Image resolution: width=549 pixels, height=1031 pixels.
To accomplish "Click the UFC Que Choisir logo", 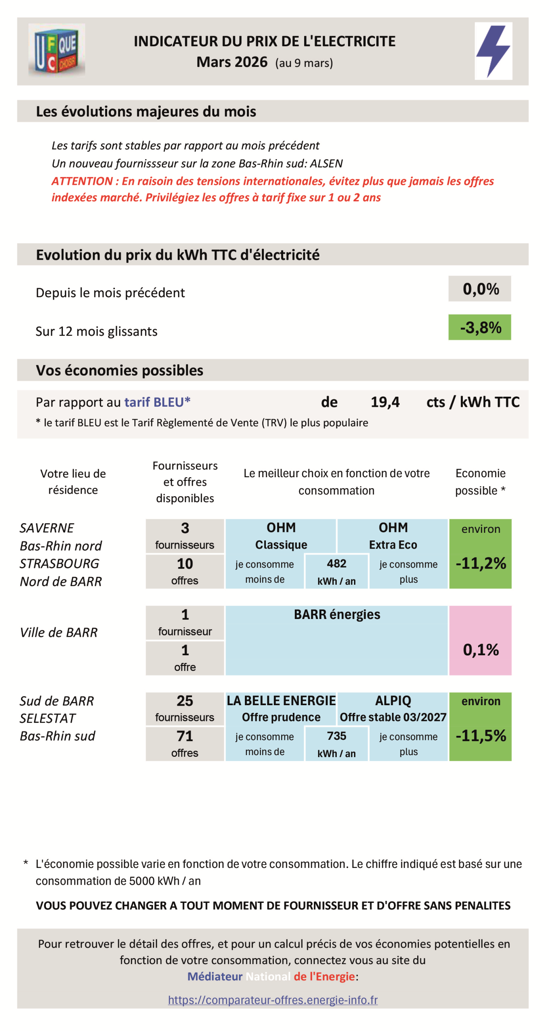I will tap(56, 50).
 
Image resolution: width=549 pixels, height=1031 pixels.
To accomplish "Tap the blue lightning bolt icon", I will tap(493, 50).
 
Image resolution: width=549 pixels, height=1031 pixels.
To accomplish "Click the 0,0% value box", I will tap(480, 289).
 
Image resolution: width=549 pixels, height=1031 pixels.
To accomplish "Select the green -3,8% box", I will tap(480, 327).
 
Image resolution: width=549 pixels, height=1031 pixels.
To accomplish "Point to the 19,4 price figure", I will tap(385, 402).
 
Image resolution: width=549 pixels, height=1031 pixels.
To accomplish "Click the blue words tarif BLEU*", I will tap(157, 402).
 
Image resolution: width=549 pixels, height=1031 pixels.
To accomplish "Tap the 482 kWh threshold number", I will tap(336, 563).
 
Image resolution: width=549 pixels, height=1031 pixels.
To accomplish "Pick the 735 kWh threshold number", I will tap(336, 736).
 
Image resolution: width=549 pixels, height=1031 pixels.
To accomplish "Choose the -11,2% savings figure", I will tap(481, 563).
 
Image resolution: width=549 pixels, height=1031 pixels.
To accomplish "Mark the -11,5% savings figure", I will tap(481, 736).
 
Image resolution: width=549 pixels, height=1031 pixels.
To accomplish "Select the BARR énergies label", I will tap(337, 615).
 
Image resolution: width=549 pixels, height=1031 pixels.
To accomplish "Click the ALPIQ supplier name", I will tap(393, 701).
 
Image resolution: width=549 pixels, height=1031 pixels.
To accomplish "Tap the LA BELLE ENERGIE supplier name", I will tap(281, 701).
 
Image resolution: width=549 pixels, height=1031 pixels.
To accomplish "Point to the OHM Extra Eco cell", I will tap(393, 536).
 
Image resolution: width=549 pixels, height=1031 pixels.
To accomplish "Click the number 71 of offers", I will tap(185, 736).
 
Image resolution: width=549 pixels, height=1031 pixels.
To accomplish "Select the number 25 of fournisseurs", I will tap(185, 701).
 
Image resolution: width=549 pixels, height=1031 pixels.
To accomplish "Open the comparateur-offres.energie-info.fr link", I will tap(273, 1000).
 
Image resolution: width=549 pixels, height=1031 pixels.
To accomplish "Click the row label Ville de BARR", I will tap(59, 632).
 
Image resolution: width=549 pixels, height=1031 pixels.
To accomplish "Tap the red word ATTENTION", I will tap(82, 181).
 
